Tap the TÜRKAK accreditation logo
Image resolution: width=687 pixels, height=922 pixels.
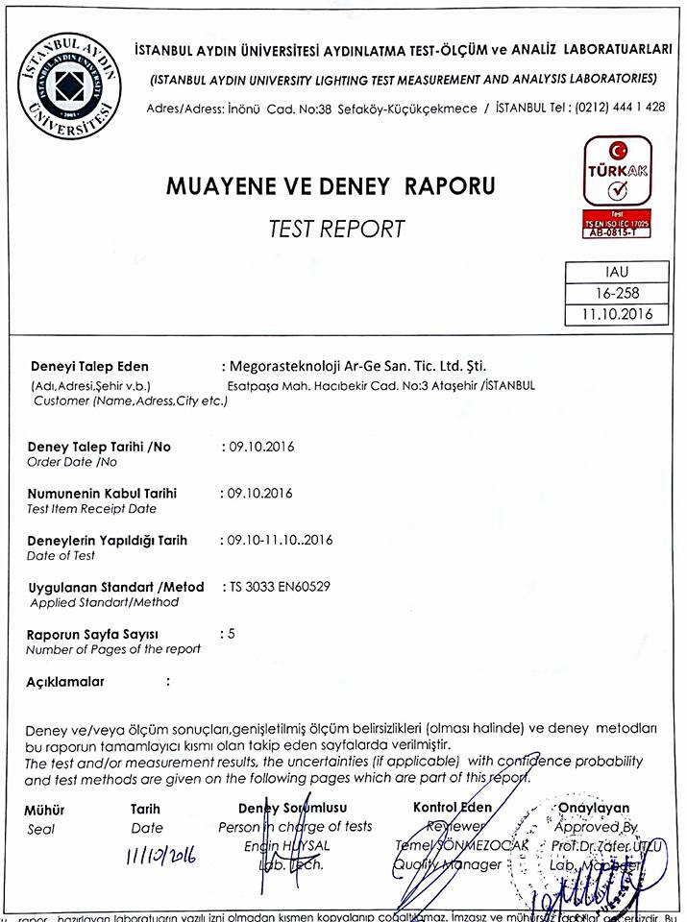pyautogui.click(x=618, y=172)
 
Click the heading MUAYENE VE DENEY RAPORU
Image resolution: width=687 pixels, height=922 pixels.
pyautogui.click(x=331, y=185)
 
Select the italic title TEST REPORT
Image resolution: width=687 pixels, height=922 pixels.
pyautogui.click(x=336, y=229)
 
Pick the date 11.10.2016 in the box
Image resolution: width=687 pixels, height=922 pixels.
pyautogui.click(x=617, y=314)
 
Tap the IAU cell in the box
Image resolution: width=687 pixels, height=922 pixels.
pyautogui.click(x=617, y=273)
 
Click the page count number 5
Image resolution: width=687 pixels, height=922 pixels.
pyautogui.click(x=230, y=633)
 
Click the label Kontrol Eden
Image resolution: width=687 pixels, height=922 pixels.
pyautogui.click(x=452, y=808)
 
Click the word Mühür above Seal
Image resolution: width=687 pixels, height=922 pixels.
pyautogui.click(x=44, y=810)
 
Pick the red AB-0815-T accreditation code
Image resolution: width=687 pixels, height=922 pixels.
pyautogui.click(x=618, y=231)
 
